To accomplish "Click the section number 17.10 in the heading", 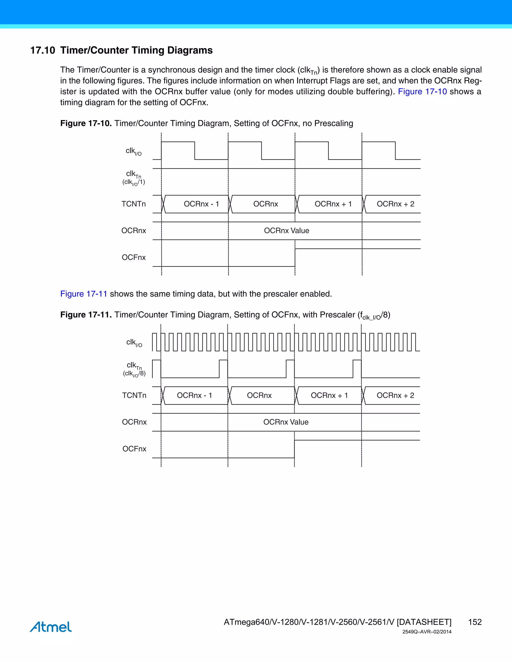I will [x=42, y=50].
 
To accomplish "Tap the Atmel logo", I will [x=51, y=627].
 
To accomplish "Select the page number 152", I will [x=475, y=622].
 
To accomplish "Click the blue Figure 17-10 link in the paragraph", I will [x=422, y=91].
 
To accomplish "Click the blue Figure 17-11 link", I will [x=84, y=294].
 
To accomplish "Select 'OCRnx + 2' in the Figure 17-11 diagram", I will [x=395, y=395].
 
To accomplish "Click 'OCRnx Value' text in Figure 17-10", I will [x=286, y=231].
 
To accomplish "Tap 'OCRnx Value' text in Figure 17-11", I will [x=286, y=422].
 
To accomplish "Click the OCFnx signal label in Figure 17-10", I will [x=134, y=257].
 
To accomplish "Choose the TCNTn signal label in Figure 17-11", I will [x=134, y=395].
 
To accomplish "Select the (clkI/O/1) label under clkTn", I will [x=134, y=182].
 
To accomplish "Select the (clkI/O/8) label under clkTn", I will [x=134, y=373].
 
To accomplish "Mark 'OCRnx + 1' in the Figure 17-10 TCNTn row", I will [x=333, y=204].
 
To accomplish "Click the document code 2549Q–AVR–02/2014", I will [x=427, y=632].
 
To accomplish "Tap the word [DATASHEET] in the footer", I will [x=424, y=622].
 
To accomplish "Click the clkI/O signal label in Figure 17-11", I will [x=134, y=342].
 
